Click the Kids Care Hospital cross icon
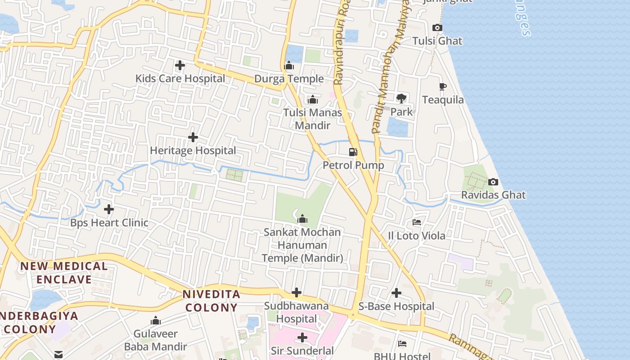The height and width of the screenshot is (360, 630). click(x=180, y=65)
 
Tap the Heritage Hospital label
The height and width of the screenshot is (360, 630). click(x=193, y=150)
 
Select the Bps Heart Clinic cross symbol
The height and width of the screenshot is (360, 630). click(x=109, y=209)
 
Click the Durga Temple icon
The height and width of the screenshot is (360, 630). click(x=289, y=66)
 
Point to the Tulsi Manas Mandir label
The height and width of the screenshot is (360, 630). click(x=312, y=119)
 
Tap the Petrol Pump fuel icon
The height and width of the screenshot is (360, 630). click(x=353, y=152)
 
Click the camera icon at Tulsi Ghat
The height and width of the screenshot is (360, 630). click(x=437, y=28)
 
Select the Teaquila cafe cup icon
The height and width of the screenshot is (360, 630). click(x=443, y=87)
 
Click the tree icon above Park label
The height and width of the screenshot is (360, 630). click(x=401, y=99)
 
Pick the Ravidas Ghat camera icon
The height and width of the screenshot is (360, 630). click(x=493, y=182)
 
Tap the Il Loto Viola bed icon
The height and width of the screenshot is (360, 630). click(x=417, y=222)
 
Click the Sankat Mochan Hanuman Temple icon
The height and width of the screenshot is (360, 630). click(x=302, y=219)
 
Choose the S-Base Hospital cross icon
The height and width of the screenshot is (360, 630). click(x=396, y=293)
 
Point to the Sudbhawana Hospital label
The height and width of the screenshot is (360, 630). click(x=296, y=312)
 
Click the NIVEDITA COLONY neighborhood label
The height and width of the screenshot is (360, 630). click(x=211, y=301)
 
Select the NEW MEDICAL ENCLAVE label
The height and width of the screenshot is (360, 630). click(x=64, y=273)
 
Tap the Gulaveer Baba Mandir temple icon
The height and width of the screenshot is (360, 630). click(x=156, y=321)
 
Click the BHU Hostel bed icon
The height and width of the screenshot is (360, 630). click(x=402, y=344)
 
